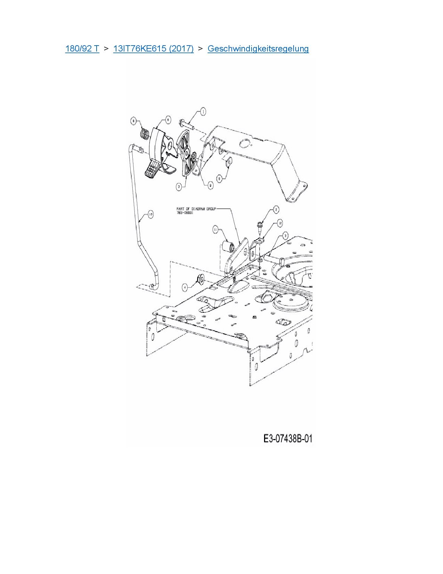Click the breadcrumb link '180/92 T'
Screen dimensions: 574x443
[x=82, y=48]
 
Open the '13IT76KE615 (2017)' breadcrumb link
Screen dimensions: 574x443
[x=153, y=48]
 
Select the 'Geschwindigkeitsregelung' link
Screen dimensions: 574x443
[x=258, y=48]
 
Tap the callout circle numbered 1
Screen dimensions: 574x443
[x=203, y=111]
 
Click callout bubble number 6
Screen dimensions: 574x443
[x=167, y=120]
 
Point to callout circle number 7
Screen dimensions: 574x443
[x=179, y=187]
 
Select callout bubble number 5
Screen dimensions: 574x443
[x=219, y=178]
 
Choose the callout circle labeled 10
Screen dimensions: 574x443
[x=150, y=215]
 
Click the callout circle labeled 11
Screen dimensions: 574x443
[x=215, y=229]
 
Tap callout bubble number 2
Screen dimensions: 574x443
[x=276, y=209]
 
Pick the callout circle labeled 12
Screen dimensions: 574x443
[x=280, y=223]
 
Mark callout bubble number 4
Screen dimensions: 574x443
[x=185, y=287]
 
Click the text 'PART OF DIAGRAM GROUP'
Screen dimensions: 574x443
[x=196, y=209]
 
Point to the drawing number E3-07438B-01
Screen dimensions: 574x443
[x=288, y=439]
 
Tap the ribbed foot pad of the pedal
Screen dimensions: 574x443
[x=152, y=170]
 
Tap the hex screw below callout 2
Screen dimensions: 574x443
[x=260, y=226]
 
